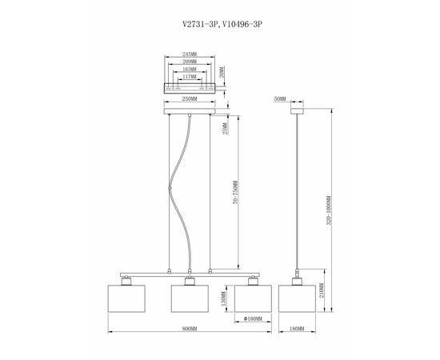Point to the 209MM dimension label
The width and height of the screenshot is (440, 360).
click(189, 62)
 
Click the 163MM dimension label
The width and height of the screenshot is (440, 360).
click(189, 70)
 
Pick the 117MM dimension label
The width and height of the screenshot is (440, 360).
click(189, 77)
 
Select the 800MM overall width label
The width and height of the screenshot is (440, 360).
click(189, 328)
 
